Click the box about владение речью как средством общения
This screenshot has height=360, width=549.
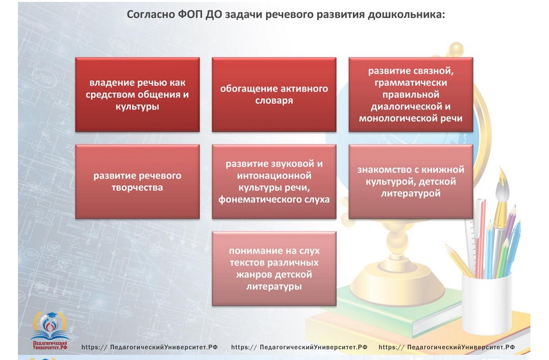coord(137,95)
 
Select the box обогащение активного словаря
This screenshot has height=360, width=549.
coord(274,95)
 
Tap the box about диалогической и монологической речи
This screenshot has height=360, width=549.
coord(411,95)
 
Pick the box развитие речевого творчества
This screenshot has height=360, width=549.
coord(137,181)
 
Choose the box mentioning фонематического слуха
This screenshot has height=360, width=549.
coord(274,181)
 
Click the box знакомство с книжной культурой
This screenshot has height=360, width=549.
coord(411,181)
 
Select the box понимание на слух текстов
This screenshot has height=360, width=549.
coord(274,268)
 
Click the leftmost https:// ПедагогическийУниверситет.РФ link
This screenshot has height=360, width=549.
coord(149,347)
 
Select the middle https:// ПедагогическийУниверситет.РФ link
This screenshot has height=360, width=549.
coord(299,347)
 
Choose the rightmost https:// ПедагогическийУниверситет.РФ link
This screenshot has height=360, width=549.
coord(447,347)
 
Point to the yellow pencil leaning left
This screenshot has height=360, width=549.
coord(459,261)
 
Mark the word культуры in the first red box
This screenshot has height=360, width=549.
coord(137,106)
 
